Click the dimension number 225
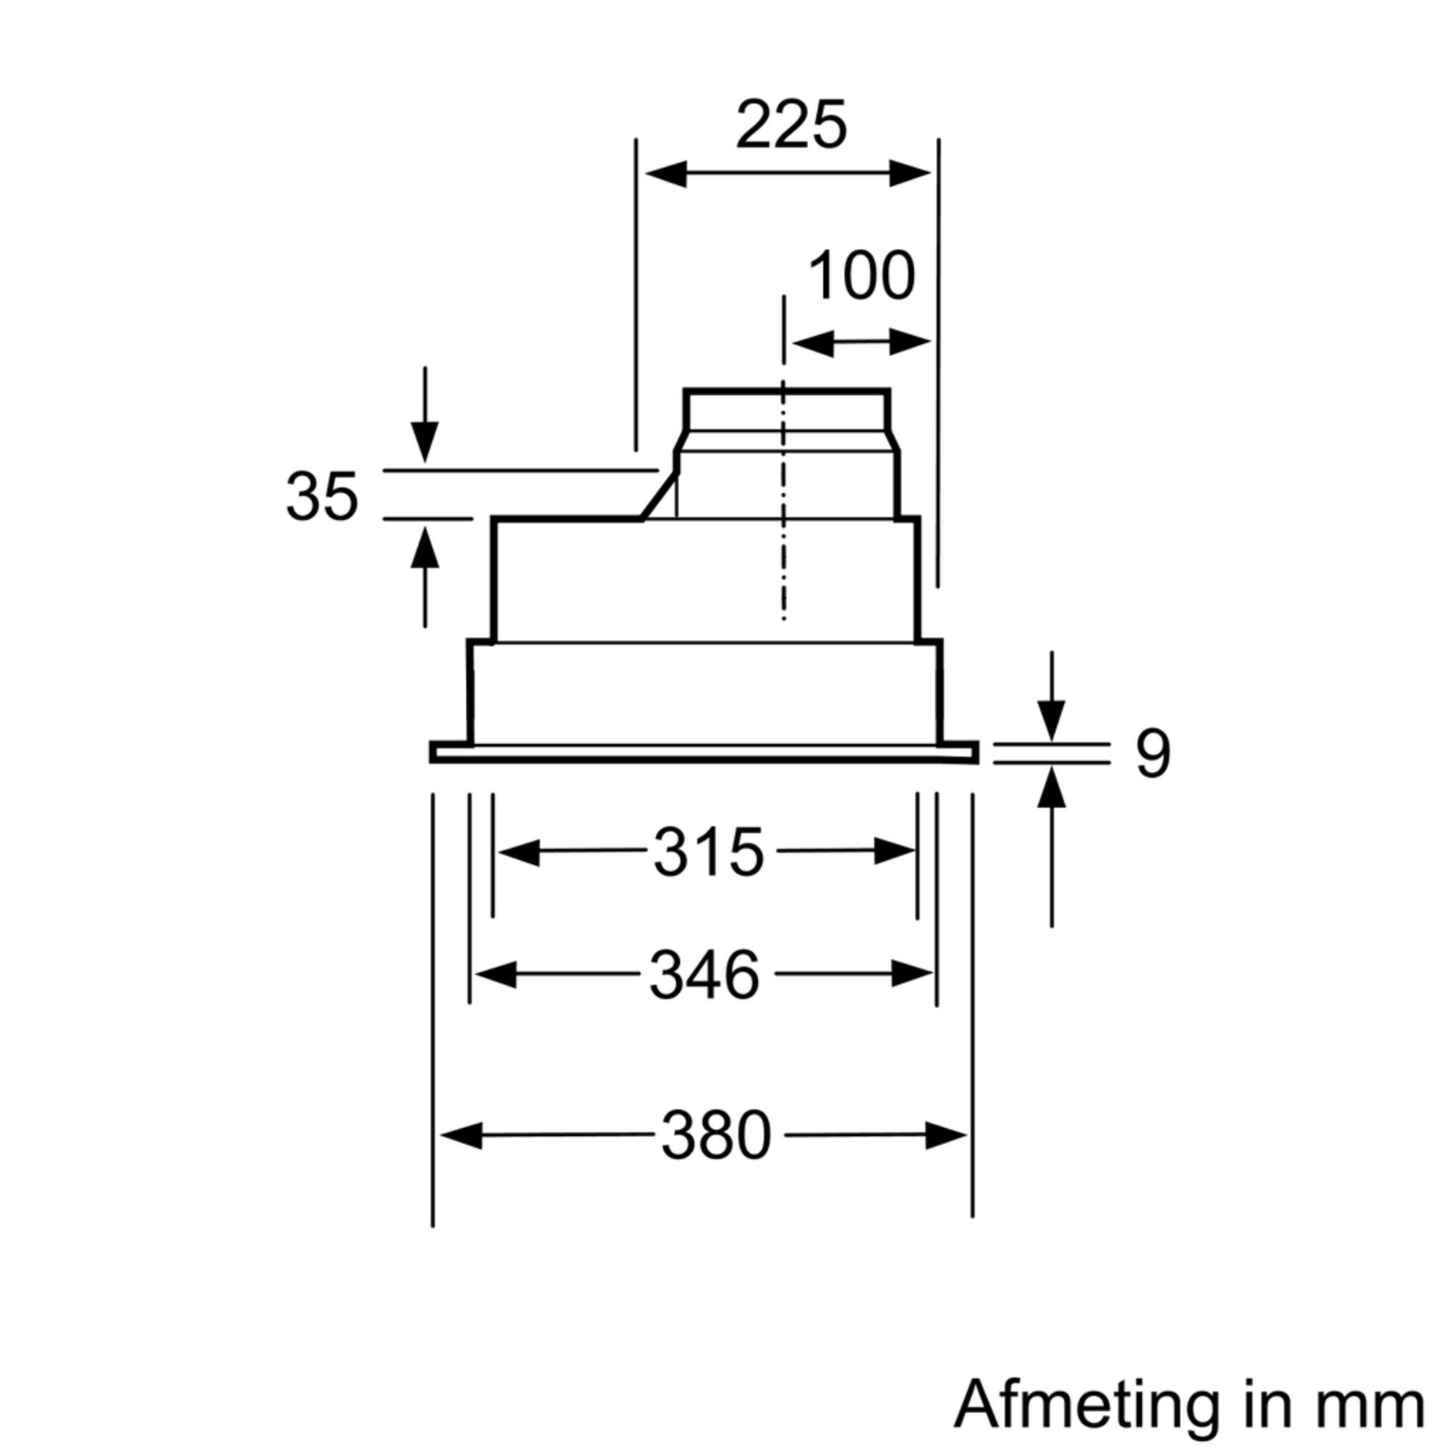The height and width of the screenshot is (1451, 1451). pyautogui.click(x=791, y=125)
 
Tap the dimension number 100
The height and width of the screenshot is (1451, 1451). pyautogui.click(x=861, y=276)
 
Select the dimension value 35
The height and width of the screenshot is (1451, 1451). pyautogui.click(x=321, y=497)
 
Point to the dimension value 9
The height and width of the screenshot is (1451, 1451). pyautogui.click(x=1152, y=755)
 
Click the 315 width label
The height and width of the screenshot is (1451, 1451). pyautogui.click(x=708, y=852)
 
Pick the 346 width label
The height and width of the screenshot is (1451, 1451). pyautogui.click(x=704, y=975)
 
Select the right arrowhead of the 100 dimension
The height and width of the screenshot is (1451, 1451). pyautogui.click(x=910, y=342)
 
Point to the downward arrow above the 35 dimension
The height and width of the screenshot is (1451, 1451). pyautogui.click(x=424, y=442)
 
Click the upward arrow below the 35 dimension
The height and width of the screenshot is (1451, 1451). pyautogui.click(x=424, y=548)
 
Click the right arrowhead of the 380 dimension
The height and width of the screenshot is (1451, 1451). pyautogui.click(x=945, y=1135)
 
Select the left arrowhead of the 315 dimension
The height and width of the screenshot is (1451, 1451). pyautogui.click(x=519, y=852)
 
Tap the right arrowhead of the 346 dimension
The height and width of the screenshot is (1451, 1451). pyautogui.click(x=912, y=975)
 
